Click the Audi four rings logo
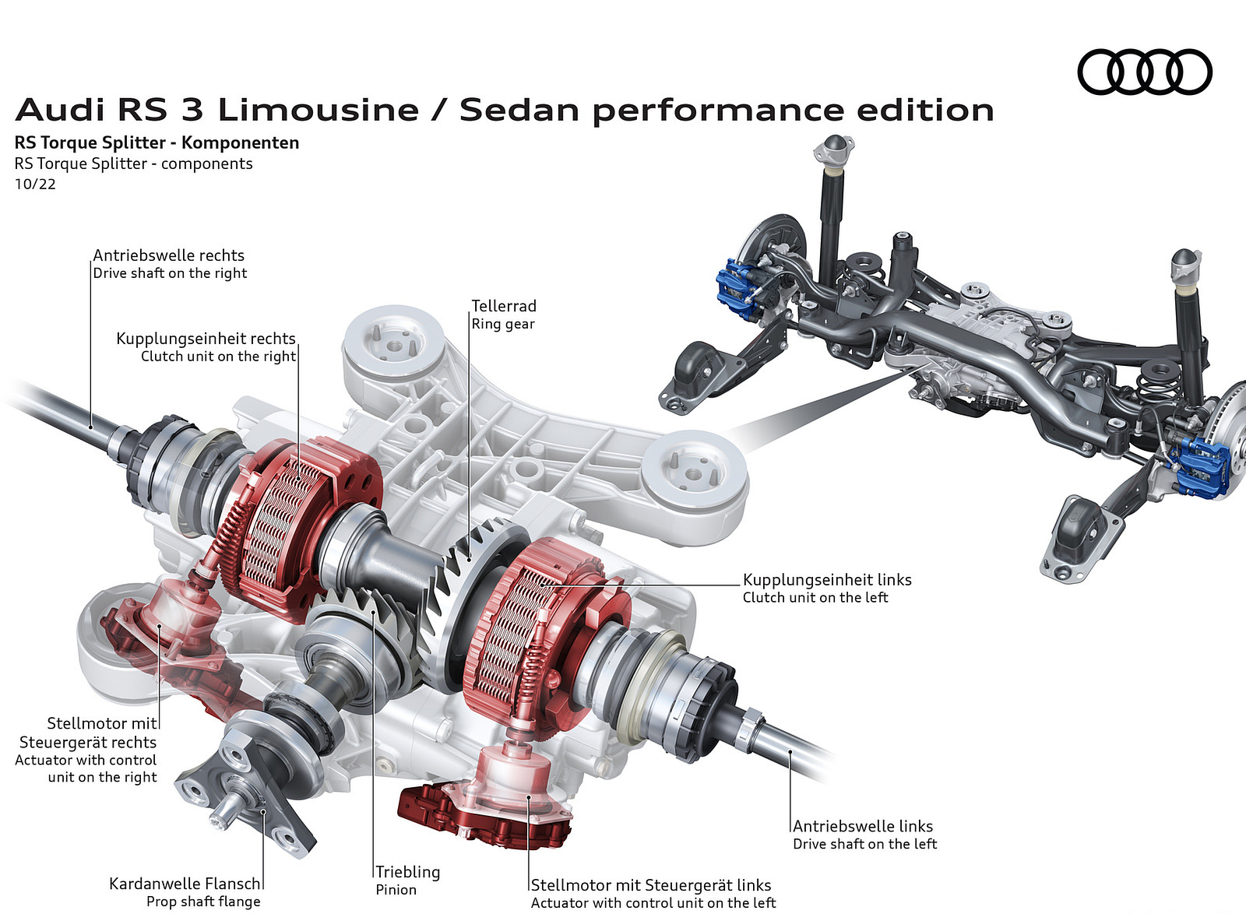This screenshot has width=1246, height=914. coord(1144,72)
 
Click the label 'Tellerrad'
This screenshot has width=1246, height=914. coord(504,306)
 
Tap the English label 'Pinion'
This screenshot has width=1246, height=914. coord(396,890)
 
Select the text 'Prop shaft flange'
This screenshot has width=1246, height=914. coord(203,902)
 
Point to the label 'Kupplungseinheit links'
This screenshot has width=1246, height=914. coord(827,579)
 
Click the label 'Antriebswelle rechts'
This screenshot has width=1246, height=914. coord(169,255)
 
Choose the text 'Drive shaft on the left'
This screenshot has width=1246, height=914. coord(864,844)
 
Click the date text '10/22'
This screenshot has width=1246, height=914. coord(35,185)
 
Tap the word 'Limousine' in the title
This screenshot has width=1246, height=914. coord(318,110)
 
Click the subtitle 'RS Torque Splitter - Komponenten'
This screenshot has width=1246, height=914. coord(157,142)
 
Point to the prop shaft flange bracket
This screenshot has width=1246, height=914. coord(249,786)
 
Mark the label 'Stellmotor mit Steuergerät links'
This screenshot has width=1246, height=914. coord(651,885)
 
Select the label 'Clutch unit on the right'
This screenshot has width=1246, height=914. coord(218,357)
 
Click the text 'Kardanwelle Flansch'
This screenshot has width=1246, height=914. coord(185,884)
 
